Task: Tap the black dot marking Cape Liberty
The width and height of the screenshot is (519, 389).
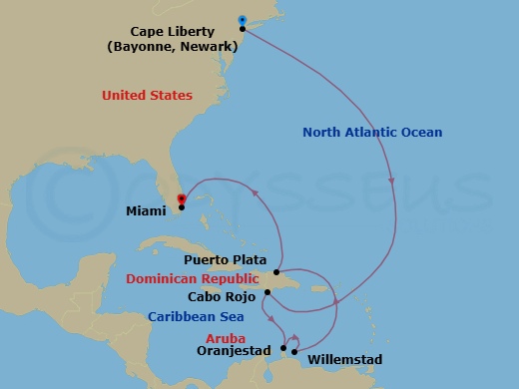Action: point(244,29)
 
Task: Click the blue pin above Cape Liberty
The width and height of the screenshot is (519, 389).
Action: point(243,19)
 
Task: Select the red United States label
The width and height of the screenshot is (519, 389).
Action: point(147,96)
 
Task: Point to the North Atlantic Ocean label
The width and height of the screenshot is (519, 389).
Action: point(372,133)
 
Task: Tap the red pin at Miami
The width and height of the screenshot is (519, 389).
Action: point(181,198)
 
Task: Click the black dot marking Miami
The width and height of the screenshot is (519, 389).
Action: point(181,207)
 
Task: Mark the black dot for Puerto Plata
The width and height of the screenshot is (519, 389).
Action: point(276,272)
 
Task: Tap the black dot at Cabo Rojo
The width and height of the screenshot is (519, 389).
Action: point(267,293)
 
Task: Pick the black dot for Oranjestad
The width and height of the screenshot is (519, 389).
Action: point(283,348)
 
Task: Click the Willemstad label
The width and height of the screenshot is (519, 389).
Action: point(344,358)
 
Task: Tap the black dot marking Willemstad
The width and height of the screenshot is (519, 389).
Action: point(294,351)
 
